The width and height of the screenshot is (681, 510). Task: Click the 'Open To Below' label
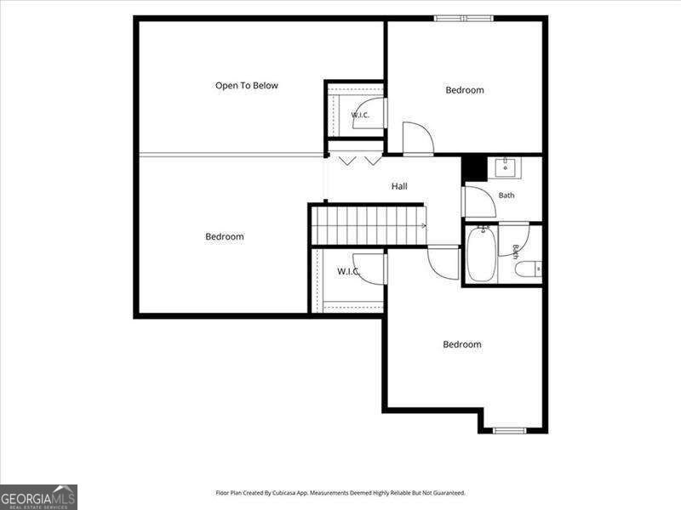(x=247, y=86)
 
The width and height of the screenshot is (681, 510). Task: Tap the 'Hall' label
(x=399, y=186)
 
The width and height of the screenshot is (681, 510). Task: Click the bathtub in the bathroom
(x=481, y=253)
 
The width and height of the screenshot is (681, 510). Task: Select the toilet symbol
(x=528, y=269)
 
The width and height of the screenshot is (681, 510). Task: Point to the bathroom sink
(x=506, y=167)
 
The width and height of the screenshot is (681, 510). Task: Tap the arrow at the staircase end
(x=424, y=225)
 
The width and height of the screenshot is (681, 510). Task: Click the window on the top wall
(x=463, y=18)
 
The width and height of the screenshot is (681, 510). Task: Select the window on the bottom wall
(x=509, y=430)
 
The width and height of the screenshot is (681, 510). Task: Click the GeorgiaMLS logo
(x=38, y=497)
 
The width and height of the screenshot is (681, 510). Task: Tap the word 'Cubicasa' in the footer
(x=284, y=493)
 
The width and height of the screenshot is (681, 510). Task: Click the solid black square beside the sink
(x=474, y=168)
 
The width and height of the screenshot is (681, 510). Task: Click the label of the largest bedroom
(x=225, y=236)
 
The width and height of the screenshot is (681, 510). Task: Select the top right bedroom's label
(x=465, y=90)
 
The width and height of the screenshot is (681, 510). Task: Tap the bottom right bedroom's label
(x=462, y=344)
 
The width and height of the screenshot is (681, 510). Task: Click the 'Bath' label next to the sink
(x=506, y=195)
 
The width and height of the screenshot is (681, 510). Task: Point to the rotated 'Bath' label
(x=516, y=252)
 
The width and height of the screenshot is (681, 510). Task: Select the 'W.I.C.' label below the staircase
(x=349, y=271)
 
